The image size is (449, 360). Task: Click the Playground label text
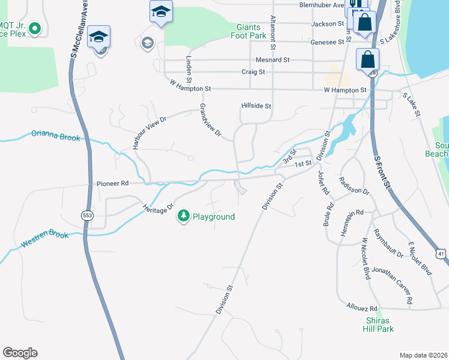tap(213, 217)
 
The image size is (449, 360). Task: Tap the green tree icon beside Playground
tap(183, 217)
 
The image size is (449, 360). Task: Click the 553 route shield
tap(88, 214)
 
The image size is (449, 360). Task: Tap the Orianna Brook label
tap(55, 136)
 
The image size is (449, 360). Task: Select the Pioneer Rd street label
tap(112, 184)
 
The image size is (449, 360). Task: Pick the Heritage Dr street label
tap(158, 207)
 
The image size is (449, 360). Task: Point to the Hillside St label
tap(256, 106)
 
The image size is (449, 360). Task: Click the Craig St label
tap(253, 72)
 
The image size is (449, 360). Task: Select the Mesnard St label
tap(273, 60)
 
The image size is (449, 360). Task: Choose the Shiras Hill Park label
tap(379, 325)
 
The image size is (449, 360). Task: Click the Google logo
tap(20, 353)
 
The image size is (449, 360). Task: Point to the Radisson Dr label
tap(353, 186)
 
